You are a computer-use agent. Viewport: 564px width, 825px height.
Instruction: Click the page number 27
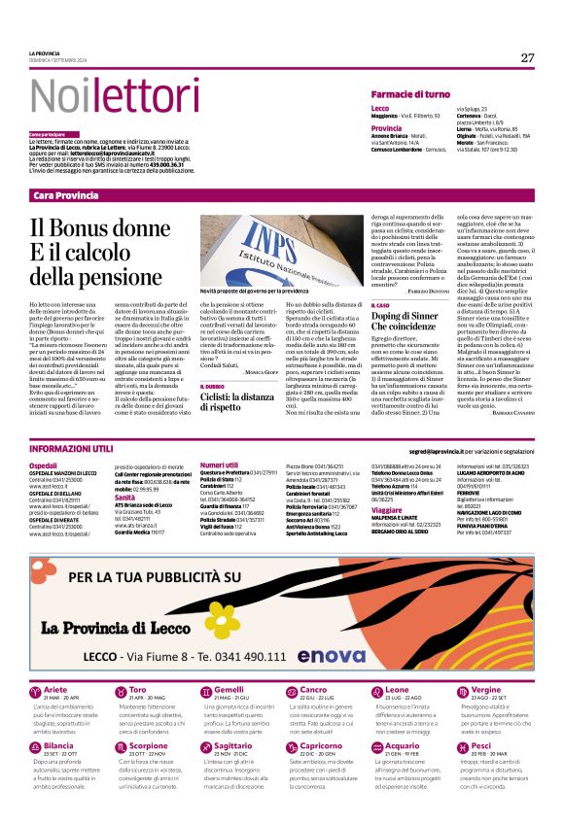pos(527,57)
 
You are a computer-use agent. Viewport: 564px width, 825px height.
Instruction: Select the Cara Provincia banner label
pos(66,195)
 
